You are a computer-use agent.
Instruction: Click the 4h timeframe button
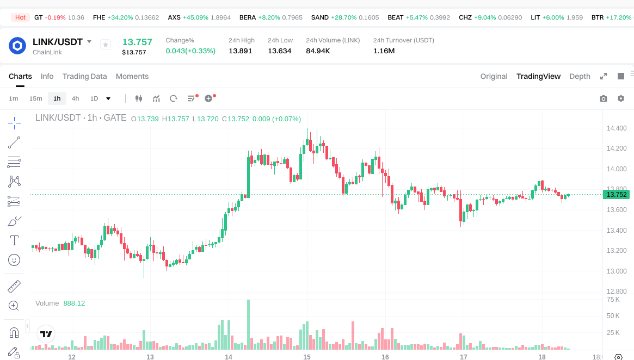point(75,98)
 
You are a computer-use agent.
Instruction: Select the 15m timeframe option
point(35,98)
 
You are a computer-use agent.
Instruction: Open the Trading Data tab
point(84,76)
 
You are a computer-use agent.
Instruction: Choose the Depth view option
point(580,76)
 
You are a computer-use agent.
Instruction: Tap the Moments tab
point(132,76)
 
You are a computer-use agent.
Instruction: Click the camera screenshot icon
point(603,98)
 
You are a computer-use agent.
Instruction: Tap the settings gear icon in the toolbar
point(620,98)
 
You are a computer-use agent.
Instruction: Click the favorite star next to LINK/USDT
point(106,45)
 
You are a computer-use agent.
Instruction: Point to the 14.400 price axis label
point(617,128)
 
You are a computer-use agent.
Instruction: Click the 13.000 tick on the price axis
point(617,271)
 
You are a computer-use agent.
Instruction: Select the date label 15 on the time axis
point(307,357)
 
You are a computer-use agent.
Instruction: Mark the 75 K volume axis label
point(613,300)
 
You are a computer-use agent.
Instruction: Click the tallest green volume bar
point(248,324)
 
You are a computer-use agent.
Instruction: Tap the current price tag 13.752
point(617,195)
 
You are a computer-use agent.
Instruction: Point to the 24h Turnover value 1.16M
point(384,51)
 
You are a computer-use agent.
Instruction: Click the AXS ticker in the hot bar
point(174,17)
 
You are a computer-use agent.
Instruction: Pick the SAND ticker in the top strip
point(320,17)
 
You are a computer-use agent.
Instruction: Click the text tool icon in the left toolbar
point(14,240)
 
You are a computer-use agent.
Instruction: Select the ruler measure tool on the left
point(14,286)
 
